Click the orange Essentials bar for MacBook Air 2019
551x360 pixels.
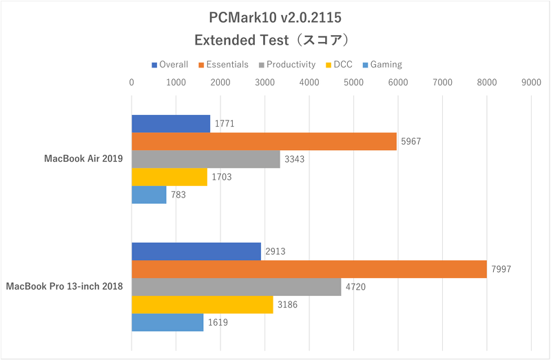tap(264, 141)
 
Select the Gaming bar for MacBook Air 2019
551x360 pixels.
tap(149, 195)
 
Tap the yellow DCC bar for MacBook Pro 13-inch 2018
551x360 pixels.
tap(202, 304)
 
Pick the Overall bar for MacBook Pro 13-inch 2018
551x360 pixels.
tap(196, 251)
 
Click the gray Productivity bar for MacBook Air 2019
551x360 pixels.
tap(205, 159)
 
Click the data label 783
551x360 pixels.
tap(178, 195)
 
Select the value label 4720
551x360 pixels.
tap(354, 287)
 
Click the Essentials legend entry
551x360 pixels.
tap(224, 65)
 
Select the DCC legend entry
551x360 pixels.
tap(342, 65)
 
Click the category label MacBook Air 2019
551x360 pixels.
tap(83, 159)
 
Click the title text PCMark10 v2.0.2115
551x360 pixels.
tap(275, 16)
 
